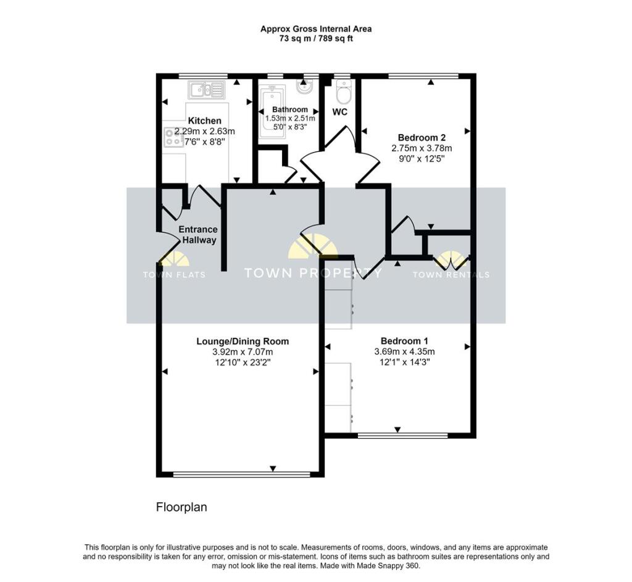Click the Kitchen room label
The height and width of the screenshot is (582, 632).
coord(204,120)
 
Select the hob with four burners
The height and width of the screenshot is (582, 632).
coord(173,136)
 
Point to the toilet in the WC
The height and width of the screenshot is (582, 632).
coord(343,94)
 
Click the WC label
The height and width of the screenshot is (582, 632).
coord(339,112)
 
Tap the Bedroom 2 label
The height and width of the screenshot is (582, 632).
coord(422,137)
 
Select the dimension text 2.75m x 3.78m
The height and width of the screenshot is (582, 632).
coord(422,148)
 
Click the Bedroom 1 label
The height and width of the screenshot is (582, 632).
coord(404,341)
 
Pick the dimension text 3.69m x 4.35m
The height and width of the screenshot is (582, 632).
coord(404,352)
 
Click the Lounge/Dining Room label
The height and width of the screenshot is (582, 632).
coord(243,341)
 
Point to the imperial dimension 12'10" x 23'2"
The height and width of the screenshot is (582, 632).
coord(243,363)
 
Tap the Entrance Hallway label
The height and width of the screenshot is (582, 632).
coord(197,235)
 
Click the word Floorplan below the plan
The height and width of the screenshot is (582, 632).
coord(181,508)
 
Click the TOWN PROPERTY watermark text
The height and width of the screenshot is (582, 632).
coord(313,273)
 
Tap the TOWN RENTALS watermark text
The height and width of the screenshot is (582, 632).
coord(451,275)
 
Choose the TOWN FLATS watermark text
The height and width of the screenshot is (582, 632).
coord(174,275)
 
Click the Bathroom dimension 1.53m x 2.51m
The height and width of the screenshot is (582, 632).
coord(290,119)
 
